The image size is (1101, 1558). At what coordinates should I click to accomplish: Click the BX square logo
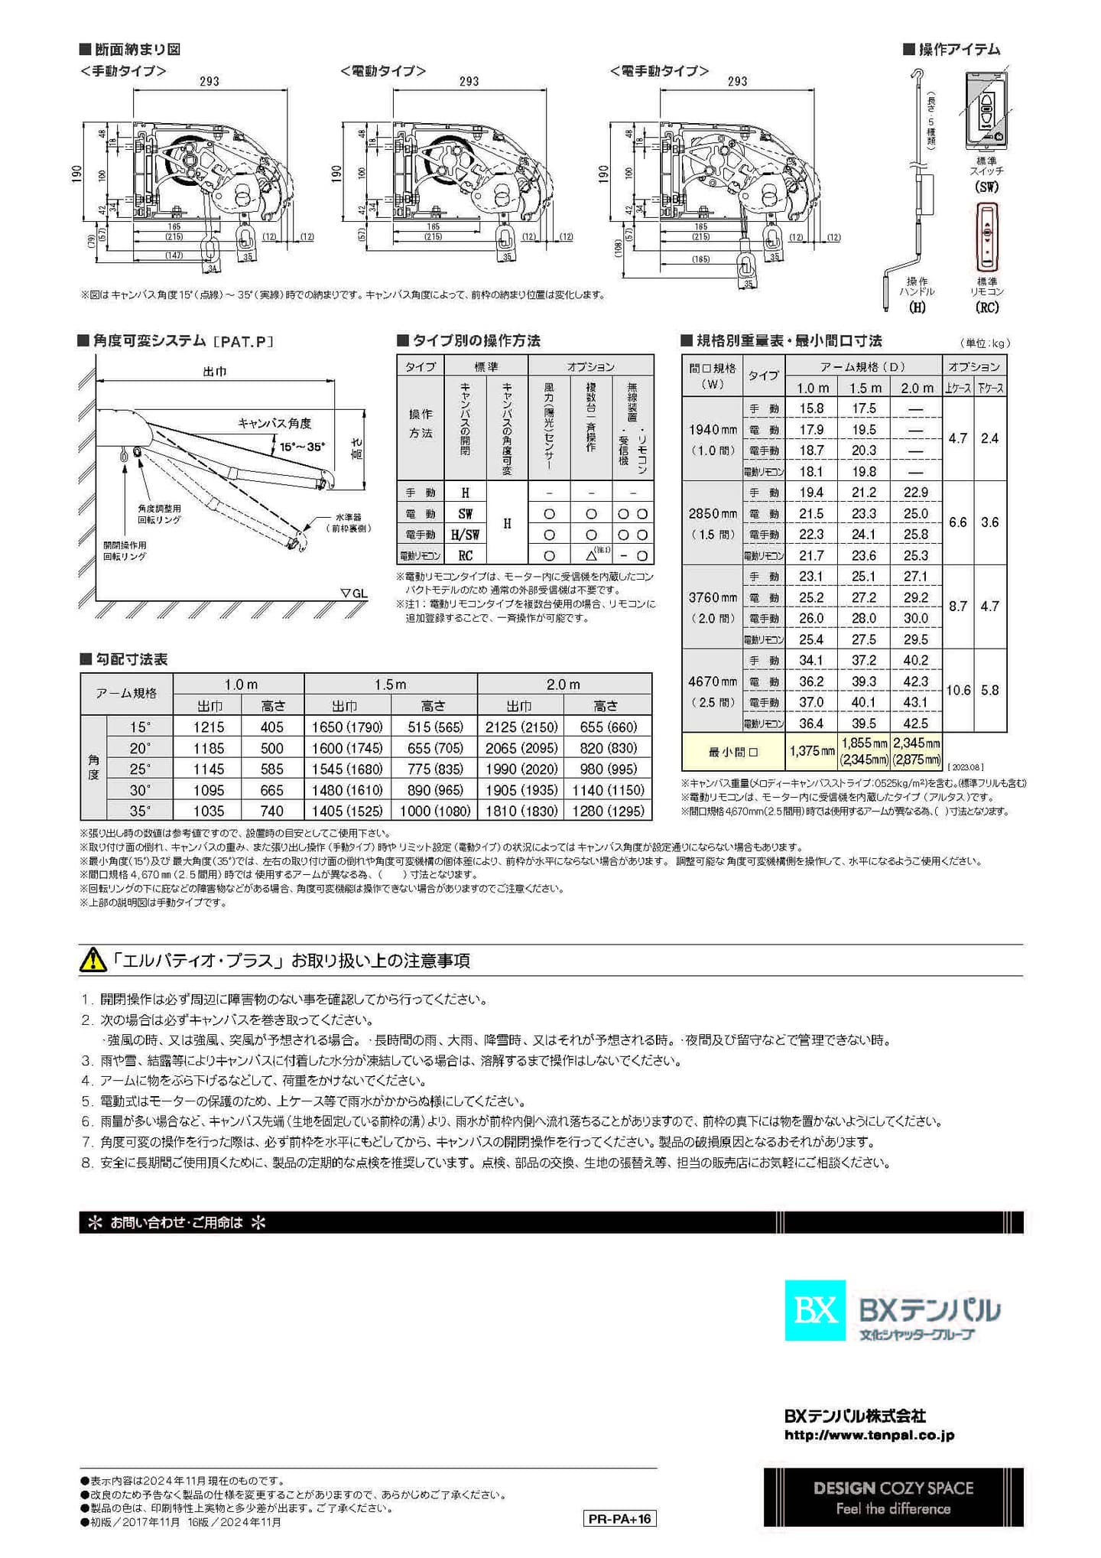coord(815,1310)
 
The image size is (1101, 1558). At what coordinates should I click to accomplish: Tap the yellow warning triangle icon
coord(93,960)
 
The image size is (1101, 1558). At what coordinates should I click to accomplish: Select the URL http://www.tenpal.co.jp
coord(869,1436)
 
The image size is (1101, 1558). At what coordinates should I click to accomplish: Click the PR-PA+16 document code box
coord(619,1518)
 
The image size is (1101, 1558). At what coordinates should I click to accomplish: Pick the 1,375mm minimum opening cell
coord(811,751)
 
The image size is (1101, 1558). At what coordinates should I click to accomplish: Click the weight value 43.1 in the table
coord(915,702)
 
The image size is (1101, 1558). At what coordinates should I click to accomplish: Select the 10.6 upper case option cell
coord(958,690)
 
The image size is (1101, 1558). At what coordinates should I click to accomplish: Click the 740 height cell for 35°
coord(271,811)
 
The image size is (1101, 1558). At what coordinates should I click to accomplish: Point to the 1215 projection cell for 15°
coord(208,727)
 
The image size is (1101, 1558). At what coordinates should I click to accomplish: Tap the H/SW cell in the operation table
coord(465,535)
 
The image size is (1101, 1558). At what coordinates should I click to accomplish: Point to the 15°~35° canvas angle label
coord(301,447)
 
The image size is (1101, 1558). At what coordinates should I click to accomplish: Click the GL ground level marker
coord(353,593)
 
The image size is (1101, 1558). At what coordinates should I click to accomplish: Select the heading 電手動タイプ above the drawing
coord(659,71)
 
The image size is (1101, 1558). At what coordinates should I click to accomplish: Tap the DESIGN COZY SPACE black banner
coord(893,1498)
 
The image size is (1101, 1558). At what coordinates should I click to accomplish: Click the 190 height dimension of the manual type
coord(77,174)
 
